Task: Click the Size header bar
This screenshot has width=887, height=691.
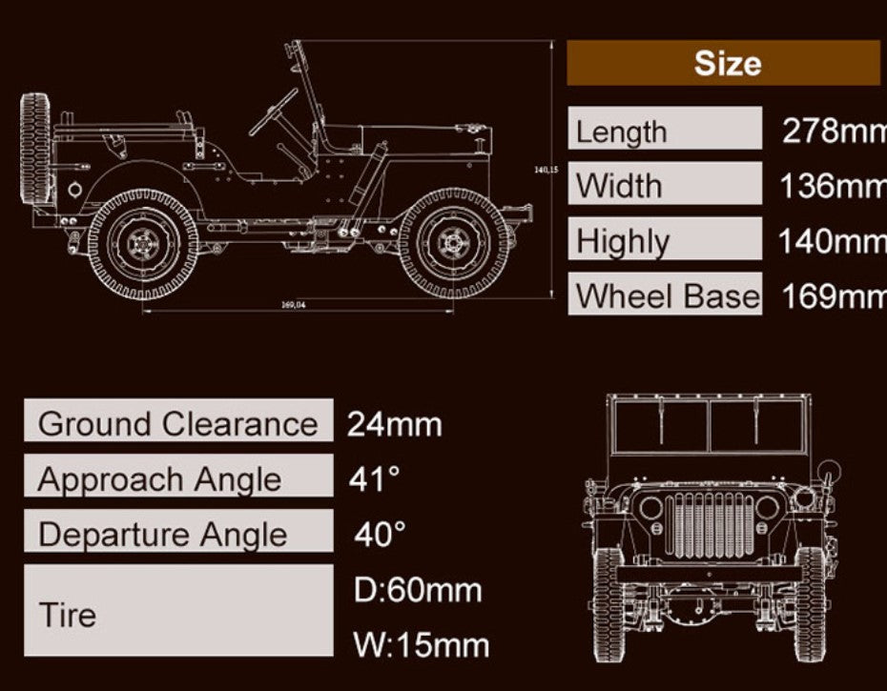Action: point(723,63)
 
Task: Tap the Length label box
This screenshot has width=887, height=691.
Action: point(665,130)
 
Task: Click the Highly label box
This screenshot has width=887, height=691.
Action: point(665,240)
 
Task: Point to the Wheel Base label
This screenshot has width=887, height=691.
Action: point(667,295)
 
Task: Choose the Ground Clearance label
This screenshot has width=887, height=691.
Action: point(178,422)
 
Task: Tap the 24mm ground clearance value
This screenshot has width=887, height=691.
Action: point(394,423)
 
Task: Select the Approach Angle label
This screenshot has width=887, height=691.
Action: point(178,478)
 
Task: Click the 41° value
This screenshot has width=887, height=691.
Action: point(374,478)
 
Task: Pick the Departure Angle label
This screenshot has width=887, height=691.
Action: point(178,533)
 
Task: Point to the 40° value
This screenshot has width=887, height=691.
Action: point(380,533)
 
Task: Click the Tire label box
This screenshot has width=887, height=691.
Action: point(178,612)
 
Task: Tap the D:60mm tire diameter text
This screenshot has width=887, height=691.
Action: point(418,590)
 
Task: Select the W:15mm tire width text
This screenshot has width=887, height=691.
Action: point(421,645)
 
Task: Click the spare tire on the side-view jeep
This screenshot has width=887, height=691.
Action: point(34,151)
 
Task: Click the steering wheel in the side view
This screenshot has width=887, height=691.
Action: point(274,112)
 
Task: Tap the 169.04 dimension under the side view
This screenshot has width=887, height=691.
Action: point(294,304)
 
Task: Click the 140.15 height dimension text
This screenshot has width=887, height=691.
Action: point(546,170)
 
